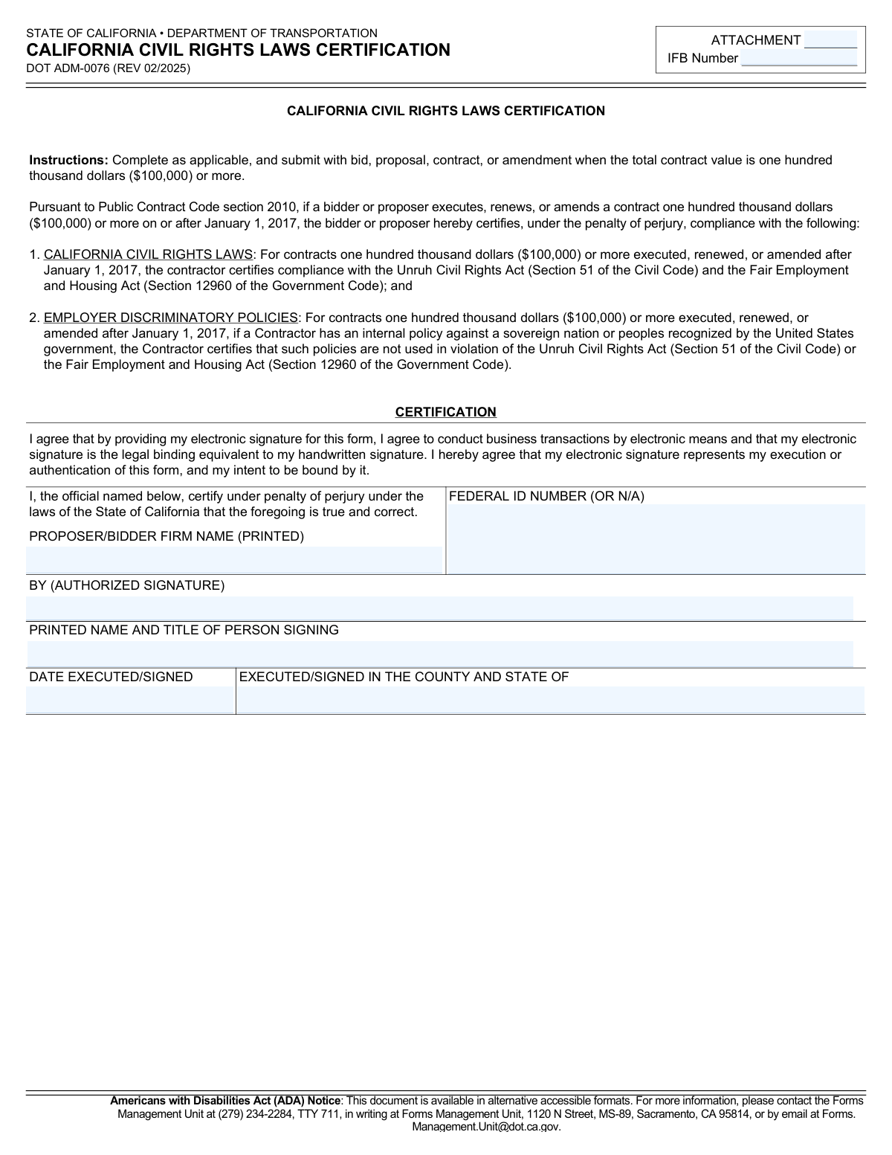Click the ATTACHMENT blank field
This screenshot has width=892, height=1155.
coord(830,40)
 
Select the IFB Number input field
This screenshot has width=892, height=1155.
coord(798,59)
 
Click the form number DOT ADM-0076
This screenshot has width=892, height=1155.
coord(108,68)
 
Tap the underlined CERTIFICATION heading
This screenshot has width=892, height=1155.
coord(445,412)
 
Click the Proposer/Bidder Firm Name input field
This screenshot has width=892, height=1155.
coord(234,559)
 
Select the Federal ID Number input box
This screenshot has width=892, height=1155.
coord(656,538)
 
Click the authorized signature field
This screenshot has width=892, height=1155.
coord(439,608)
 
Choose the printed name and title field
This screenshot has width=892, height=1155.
coord(439,654)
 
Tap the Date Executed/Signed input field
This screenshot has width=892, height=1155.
coord(130,700)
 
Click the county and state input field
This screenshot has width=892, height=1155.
coord(550,700)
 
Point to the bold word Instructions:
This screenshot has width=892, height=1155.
coord(69,160)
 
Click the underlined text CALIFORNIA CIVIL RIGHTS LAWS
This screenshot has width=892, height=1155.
coord(148,254)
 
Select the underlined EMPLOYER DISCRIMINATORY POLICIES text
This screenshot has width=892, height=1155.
coord(170,318)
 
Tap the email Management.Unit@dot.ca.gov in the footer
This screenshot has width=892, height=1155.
coord(486,1127)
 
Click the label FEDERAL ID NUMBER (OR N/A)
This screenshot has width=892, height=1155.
coord(546,496)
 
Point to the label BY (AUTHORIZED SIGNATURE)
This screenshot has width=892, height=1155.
coord(126,585)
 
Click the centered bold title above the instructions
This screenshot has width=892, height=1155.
coord(445,111)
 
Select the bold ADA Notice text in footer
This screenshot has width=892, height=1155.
coord(224,1101)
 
